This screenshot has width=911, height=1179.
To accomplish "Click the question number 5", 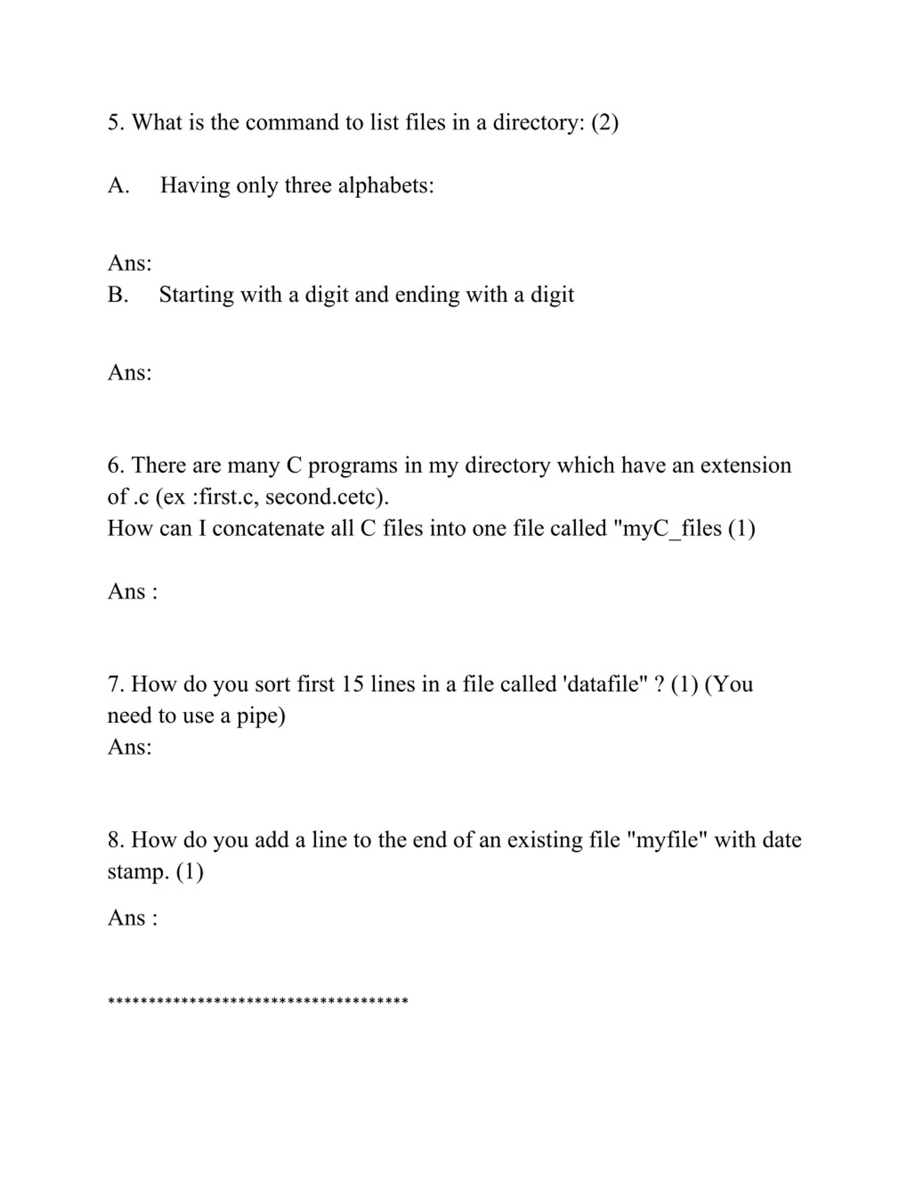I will pos(116,122).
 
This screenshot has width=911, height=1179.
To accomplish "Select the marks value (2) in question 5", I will pos(605,122).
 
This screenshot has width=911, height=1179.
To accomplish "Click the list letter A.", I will pos(118,186).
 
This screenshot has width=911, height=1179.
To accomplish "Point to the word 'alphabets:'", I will pos(386,186).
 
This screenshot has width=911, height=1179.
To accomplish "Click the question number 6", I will pos(116,465).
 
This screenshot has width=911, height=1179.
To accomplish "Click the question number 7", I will pos(116,684).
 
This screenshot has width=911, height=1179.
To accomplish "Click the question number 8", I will pos(116,840).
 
